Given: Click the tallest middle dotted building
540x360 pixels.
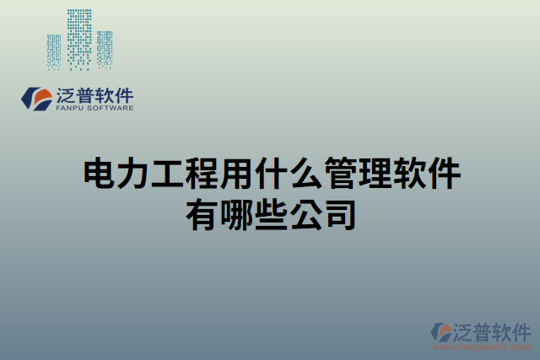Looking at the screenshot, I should point(79,37).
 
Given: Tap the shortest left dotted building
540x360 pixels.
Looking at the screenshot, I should point(54,51).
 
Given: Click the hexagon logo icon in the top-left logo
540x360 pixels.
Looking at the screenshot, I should point(35,98).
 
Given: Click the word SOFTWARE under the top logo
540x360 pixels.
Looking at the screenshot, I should point(108,108).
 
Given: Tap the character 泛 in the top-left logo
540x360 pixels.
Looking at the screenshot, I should point(64,94).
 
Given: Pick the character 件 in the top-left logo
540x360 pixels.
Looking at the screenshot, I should point(122,94).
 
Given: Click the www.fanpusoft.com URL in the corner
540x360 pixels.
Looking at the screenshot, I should point(481,347).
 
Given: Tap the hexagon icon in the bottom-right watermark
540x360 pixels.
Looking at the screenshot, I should point(441,331).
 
